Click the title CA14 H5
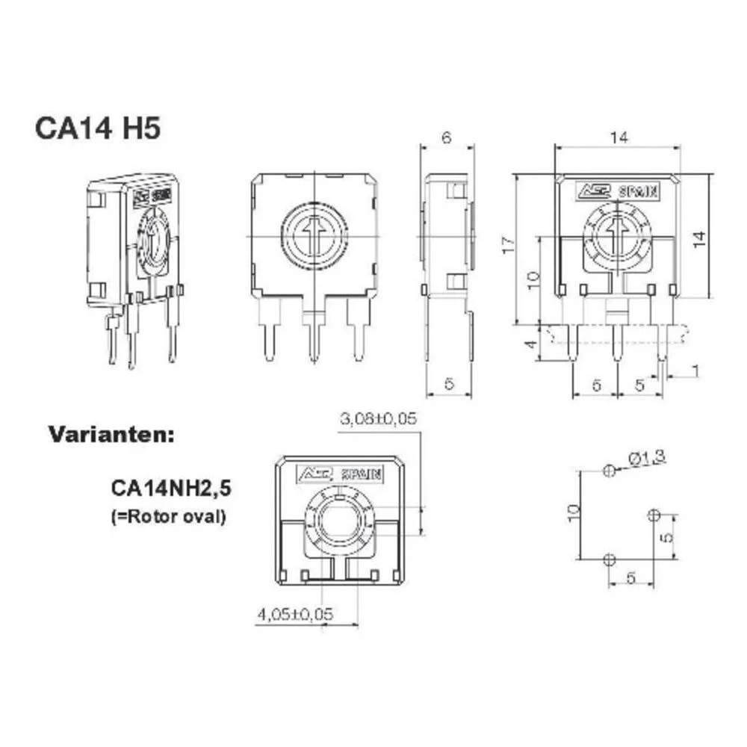(97, 128)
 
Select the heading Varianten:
(111, 434)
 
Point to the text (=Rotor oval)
(167, 515)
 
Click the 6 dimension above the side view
(447, 137)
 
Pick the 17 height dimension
(509, 245)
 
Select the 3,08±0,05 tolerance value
(378, 419)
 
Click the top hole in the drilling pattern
(610, 471)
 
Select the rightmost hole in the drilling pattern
(654, 515)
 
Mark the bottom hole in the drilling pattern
(610, 559)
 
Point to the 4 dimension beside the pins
(530, 344)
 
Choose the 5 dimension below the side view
(448, 384)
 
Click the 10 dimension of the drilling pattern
(573, 512)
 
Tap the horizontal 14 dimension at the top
(618, 137)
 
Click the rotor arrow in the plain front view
(314, 235)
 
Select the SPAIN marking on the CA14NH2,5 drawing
(362, 474)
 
